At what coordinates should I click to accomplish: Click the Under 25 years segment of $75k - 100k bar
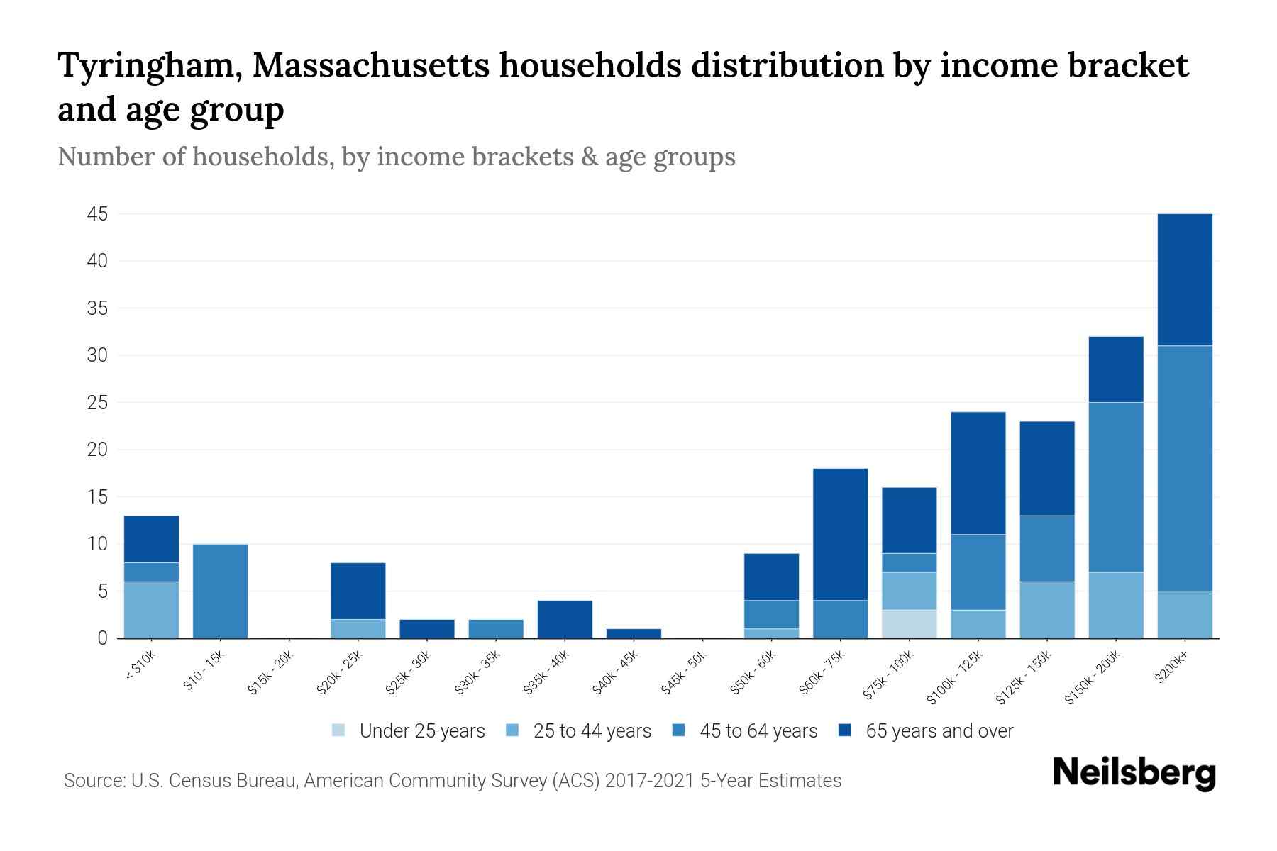pos(909,624)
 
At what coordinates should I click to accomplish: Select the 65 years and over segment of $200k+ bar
pos(1184,279)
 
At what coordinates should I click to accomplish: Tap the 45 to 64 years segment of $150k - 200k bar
pos(1115,487)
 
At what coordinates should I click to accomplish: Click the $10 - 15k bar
pos(220,591)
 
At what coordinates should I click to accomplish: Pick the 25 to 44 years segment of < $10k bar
pos(151,610)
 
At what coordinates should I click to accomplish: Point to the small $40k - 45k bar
pos(634,633)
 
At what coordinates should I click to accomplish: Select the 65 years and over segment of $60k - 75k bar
pos(840,534)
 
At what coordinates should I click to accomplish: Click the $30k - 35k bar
pos(496,629)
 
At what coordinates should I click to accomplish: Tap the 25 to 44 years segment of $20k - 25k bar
pos(358,629)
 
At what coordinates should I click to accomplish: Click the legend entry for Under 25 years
pos(421,731)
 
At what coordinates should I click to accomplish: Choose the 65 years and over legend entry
pos(939,731)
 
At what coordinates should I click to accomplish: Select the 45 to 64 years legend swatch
pos(679,730)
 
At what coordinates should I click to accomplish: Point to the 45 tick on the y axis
pos(97,214)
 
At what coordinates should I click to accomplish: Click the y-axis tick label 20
pos(97,450)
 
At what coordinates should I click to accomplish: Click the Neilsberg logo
pos(1134,773)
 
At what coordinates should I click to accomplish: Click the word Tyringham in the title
pos(148,66)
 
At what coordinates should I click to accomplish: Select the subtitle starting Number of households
pos(396,157)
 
